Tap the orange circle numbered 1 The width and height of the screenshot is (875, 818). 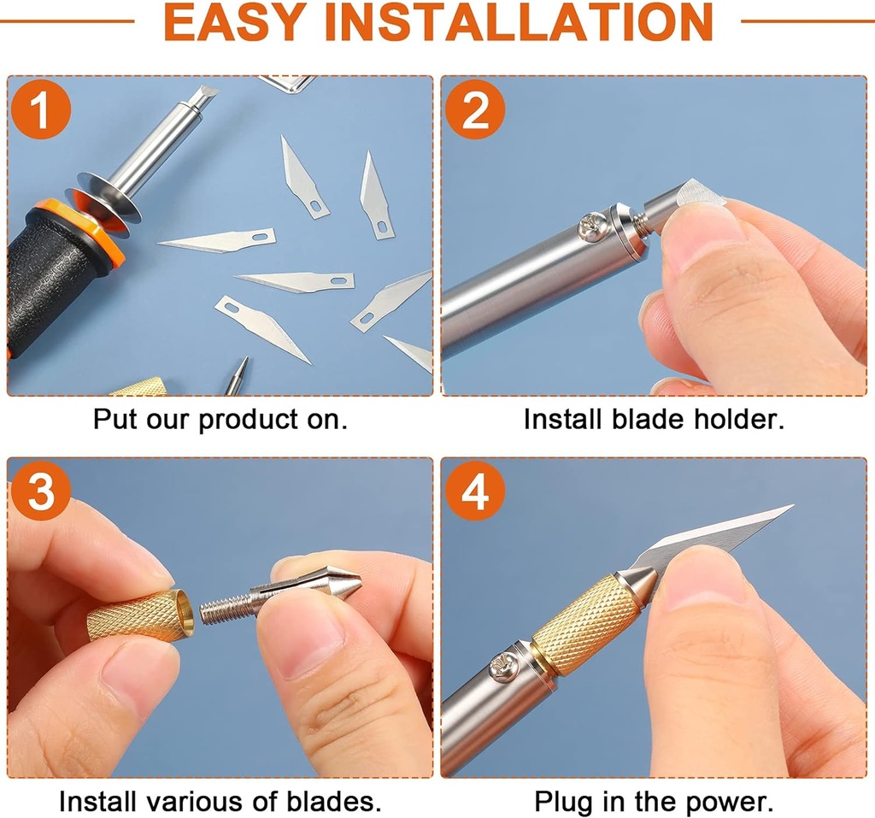[40, 108]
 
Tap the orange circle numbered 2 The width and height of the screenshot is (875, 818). [474, 108]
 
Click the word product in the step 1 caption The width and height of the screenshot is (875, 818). [248, 421]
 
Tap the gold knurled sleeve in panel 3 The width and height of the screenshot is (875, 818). [137, 615]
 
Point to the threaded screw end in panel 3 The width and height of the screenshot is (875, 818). [226, 609]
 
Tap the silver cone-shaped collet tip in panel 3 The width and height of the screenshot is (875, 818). [338, 583]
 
